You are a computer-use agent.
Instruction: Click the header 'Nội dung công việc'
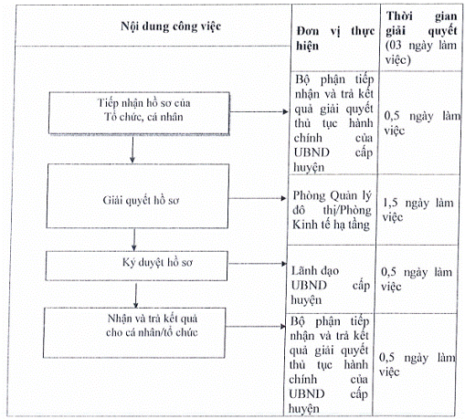[x=171, y=26]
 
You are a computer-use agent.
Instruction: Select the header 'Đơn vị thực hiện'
[x=335, y=38]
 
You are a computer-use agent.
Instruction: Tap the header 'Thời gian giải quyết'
[x=421, y=24]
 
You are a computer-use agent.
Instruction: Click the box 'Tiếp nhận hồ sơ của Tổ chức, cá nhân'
[x=139, y=113]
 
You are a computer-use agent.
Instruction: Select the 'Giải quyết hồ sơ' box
[x=137, y=196]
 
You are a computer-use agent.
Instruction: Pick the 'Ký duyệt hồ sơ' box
[x=136, y=266]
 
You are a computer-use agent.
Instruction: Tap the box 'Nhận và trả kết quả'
[x=134, y=332]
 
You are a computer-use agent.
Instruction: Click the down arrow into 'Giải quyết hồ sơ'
[x=132, y=150]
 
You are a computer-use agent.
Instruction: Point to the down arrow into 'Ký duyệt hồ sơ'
[x=134, y=240]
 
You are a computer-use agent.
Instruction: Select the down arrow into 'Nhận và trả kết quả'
[x=136, y=296]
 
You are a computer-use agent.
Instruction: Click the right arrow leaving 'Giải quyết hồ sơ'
[x=258, y=198]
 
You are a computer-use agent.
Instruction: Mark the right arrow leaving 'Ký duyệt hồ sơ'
[x=258, y=264]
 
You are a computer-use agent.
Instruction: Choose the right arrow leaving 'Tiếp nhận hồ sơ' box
[x=259, y=111]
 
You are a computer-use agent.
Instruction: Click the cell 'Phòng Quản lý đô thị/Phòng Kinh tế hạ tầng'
[x=332, y=210]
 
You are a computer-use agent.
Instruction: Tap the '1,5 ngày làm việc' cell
[x=417, y=210]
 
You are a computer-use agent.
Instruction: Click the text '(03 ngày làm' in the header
[x=421, y=46]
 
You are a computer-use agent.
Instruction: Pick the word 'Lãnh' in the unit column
[x=304, y=270]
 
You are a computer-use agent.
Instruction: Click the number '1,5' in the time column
[x=390, y=203]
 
